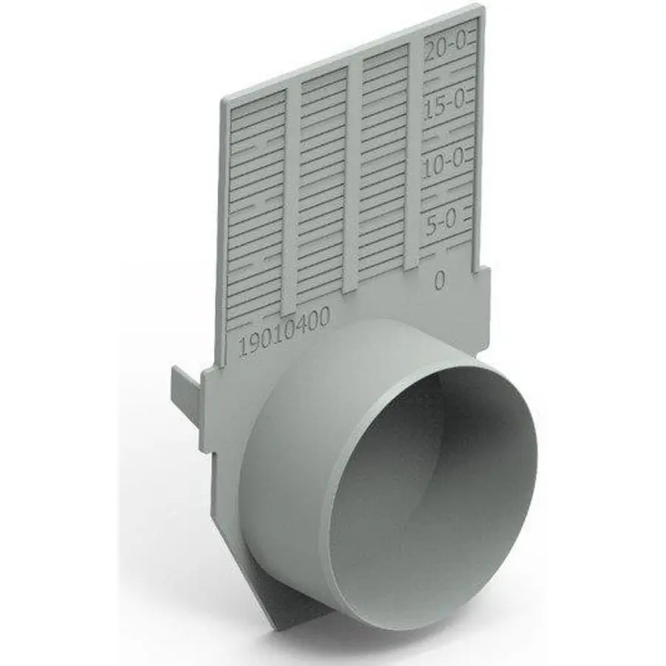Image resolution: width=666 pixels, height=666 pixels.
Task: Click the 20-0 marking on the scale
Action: (x=446, y=51)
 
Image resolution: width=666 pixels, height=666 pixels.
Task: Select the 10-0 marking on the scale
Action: (x=443, y=162)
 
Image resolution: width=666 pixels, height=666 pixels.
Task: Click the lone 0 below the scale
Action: (x=440, y=280)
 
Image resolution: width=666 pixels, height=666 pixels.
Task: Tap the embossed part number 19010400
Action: (x=284, y=332)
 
